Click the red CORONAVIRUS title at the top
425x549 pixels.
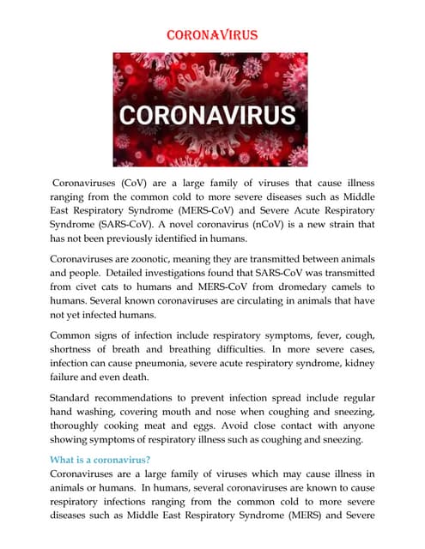211,36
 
